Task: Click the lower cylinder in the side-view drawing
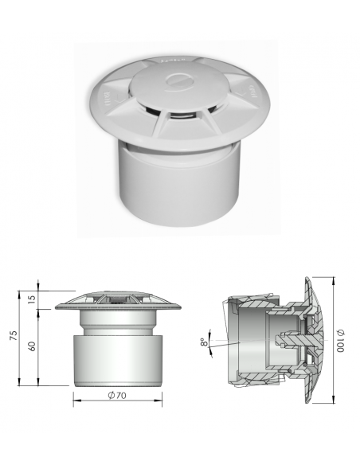point(117,361)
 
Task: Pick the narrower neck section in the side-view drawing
point(117,322)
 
